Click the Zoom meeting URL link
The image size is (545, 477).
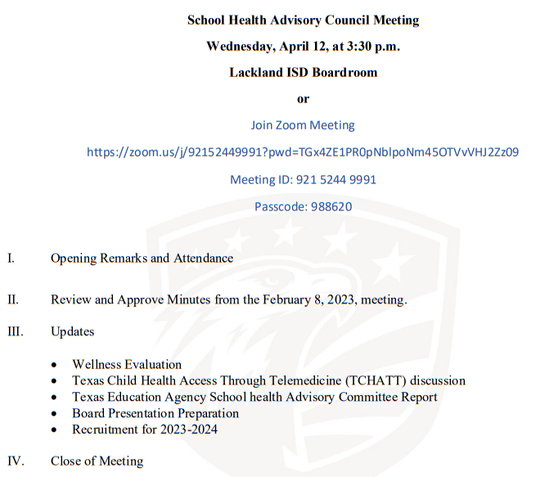point(303,152)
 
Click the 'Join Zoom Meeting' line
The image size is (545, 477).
point(303,125)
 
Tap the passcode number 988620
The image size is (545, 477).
point(331,206)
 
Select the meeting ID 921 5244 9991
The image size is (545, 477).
point(336,179)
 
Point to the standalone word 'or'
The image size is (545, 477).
point(304,99)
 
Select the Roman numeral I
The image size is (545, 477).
point(11,259)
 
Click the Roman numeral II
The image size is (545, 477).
point(13,299)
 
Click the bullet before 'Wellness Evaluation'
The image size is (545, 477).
point(54,365)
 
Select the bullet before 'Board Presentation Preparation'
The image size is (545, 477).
point(54,414)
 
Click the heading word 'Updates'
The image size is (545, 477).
point(72,332)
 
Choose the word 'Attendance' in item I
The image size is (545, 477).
point(203,259)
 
